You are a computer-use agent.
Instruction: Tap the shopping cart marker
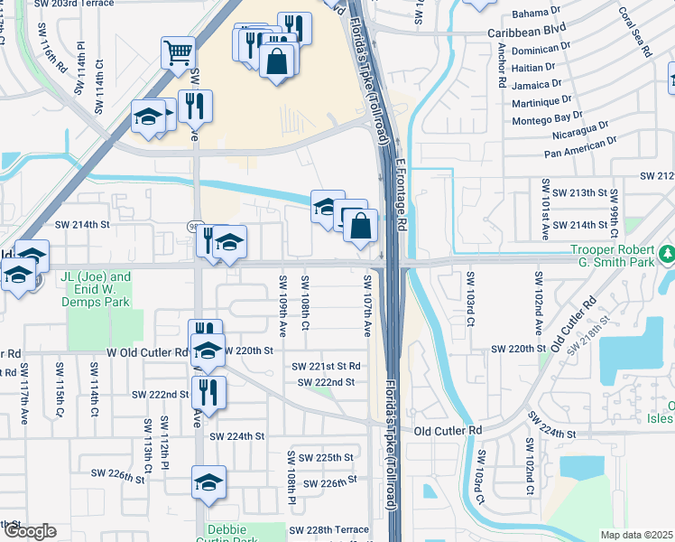pos(178,52)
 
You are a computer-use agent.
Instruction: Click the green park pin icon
pos(667,251)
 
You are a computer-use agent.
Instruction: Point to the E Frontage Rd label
pos(402,195)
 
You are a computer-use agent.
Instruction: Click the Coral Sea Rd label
pos(634,33)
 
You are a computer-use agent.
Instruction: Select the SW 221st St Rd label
pos(326,366)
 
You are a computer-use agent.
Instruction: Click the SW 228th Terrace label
pos(333,529)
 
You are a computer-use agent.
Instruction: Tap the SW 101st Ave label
pos(545,209)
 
